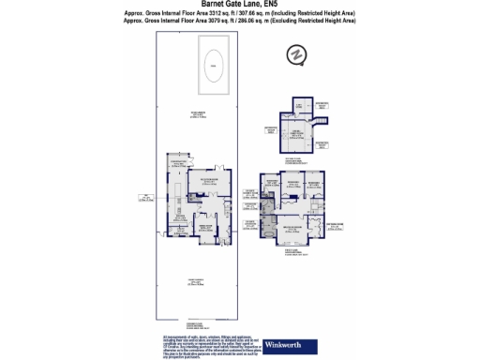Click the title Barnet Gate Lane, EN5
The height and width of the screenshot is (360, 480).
[x=239, y=4]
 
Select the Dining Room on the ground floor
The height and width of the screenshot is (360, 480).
[x=202, y=227]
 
